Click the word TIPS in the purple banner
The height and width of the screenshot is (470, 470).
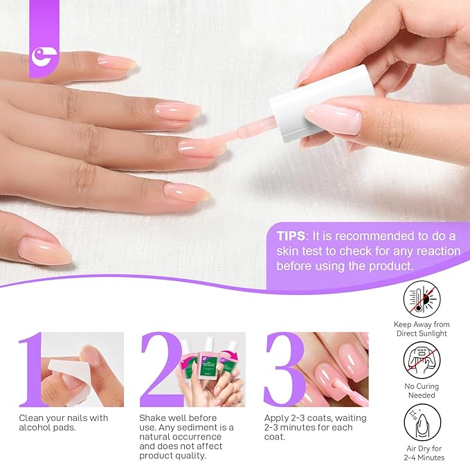click(x=291, y=235)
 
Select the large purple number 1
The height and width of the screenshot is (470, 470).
click(x=32, y=370)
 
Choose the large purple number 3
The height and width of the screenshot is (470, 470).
click(x=284, y=370)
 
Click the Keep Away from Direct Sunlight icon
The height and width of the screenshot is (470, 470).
click(x=422, y=299)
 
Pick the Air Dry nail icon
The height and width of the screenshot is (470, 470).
click(x=422, y=422)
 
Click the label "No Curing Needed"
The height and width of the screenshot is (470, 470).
click(x=422, y=391)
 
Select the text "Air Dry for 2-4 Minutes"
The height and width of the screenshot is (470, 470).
click(x=422, y=453)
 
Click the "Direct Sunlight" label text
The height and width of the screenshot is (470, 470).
click(x=422, y=334)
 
